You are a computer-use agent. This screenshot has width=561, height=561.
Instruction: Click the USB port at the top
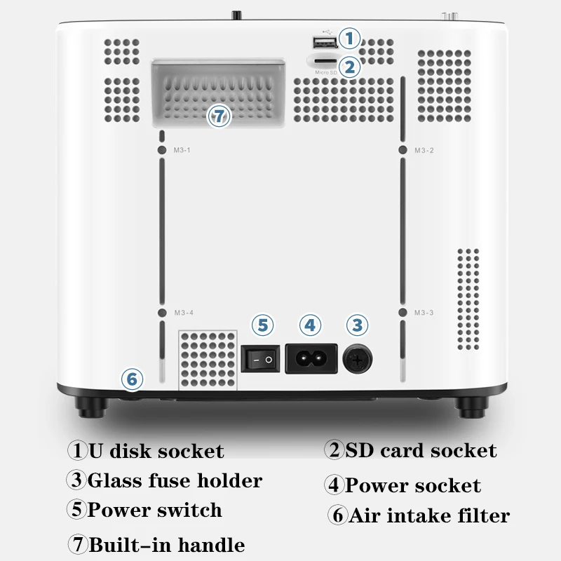point(323,42)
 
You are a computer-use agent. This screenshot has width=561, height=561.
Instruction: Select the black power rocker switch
point(260,360)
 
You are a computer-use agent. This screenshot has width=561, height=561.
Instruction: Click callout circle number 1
point(349,38)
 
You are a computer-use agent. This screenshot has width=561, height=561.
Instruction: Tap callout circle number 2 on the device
point(349,67)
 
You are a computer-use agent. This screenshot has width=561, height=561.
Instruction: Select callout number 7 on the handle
point(219,116)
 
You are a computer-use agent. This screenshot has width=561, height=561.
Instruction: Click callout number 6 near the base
point(131,379)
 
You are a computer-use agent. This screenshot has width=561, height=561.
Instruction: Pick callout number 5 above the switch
point(262,325)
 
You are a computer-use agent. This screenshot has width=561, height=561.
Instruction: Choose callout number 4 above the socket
point(310,325)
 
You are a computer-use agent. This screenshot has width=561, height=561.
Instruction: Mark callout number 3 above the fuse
point(357,325)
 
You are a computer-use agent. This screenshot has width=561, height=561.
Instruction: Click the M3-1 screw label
point(182,150)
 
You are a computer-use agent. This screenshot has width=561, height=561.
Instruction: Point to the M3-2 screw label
point(424,150)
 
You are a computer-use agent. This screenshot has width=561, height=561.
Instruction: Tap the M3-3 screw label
point(424,313)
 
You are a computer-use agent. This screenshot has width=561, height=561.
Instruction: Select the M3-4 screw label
point(182,313)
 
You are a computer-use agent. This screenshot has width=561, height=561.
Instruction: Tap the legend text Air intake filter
point(429,517)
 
